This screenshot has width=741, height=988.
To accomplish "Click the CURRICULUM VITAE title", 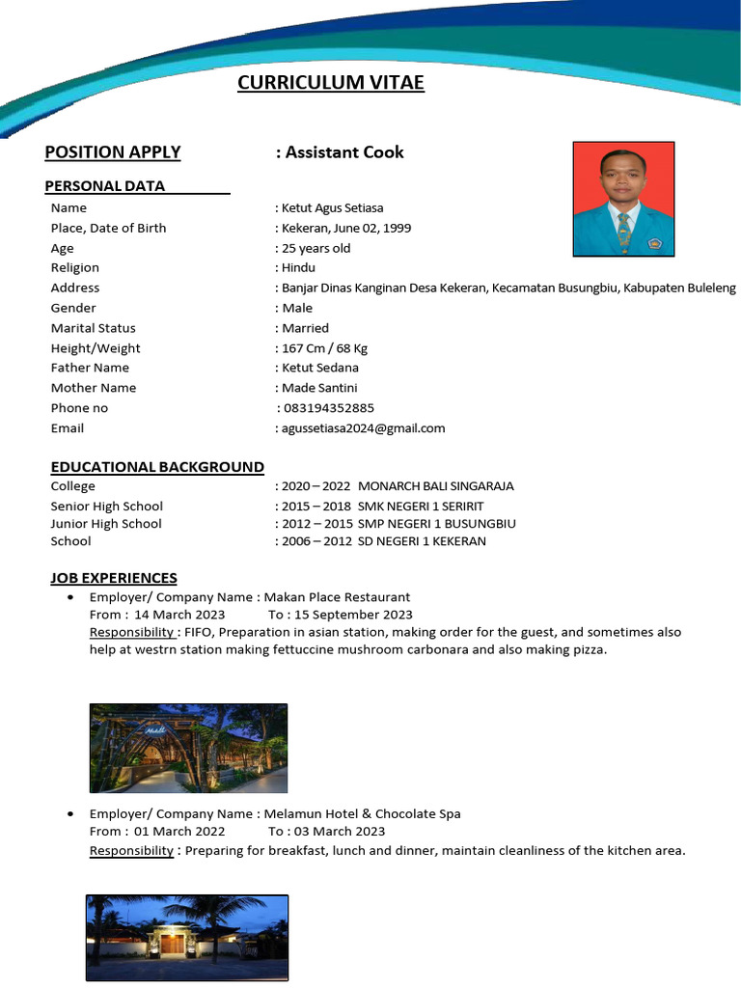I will tap(331, 83).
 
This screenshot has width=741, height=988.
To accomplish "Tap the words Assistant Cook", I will tap(344, 152).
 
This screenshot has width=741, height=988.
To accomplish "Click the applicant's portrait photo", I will tap(623, 199).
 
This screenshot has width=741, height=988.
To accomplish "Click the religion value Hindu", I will tap(298, 267).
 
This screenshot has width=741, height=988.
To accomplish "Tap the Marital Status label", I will tap(93, 328).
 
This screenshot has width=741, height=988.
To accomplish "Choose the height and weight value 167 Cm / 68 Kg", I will tap(324, 348).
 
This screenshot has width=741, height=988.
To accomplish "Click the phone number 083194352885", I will tap(329, 408).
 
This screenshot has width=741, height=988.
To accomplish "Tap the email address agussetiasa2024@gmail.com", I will tap(363, 428).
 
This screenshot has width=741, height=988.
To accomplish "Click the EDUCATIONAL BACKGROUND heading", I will tap(157, 467).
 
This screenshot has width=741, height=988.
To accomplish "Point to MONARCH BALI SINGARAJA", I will tap(436, 486).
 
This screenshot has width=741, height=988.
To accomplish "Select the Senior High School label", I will tap(106, 506).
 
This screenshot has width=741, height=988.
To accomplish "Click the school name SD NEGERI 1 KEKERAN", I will tap(422, 541).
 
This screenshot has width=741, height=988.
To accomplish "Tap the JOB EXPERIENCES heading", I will tap(114, 578).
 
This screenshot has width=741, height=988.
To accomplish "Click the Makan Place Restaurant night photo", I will tap(188, 748).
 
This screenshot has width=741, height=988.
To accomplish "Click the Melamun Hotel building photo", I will tap(187, 938).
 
